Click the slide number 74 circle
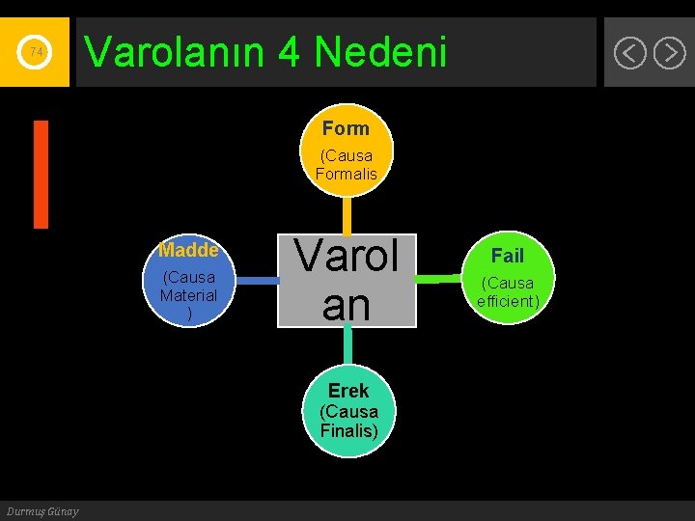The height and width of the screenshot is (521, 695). [36, 51]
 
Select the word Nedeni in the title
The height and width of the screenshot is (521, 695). [380, 52]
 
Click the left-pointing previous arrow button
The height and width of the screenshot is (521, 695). [629, 52]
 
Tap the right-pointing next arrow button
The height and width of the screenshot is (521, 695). [669, 52]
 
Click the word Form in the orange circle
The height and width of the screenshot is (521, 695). [346, 128]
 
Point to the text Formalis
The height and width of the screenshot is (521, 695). [346, 174]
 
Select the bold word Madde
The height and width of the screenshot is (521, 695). [189, 251]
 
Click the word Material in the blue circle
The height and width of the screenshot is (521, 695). [189, 295]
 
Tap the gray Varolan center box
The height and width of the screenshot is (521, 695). [347, 281]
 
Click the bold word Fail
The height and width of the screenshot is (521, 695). [507, 256]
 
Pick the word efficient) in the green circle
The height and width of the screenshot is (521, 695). [507, 301]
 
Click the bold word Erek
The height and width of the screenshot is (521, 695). [347, 391]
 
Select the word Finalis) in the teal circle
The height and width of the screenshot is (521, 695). [348, 430]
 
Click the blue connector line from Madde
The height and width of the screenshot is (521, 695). [256, 281]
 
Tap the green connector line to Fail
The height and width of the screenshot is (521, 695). [439, 280]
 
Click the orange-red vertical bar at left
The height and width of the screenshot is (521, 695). [41, 174]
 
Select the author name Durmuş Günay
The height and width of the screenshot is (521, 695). [42, 510]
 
